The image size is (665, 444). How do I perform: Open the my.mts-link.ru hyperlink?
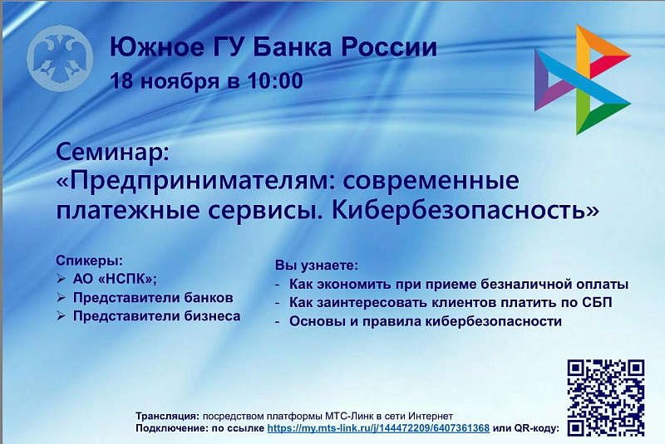pos(378,428)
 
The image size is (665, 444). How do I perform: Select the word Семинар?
pos(112,152)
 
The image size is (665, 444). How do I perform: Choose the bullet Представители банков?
pos(153,297)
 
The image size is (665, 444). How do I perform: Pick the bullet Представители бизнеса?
pos(156,316)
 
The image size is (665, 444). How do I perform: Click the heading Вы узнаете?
pos(317,266)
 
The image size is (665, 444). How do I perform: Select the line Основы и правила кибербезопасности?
pos(426,321)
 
